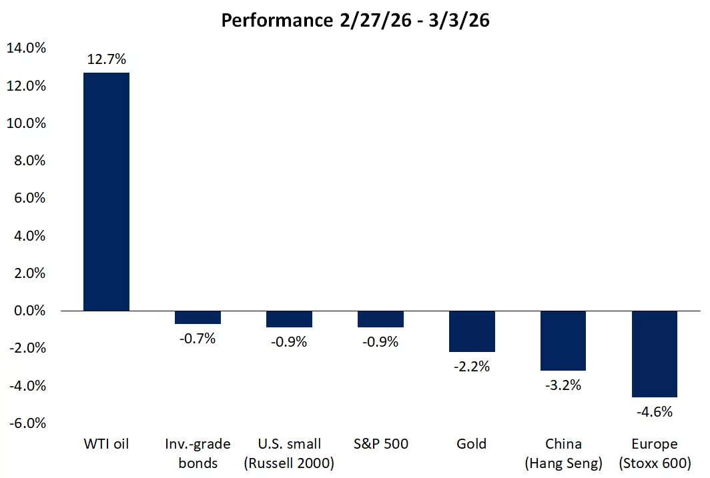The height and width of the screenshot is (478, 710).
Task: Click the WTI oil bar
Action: click(106, 191)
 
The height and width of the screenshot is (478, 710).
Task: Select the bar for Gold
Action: click(472, 331)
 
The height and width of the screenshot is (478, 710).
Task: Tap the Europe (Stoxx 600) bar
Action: click(655, 354)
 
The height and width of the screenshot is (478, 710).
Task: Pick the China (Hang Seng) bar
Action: click(563, 341)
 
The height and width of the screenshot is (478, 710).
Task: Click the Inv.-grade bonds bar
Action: click(198, 317)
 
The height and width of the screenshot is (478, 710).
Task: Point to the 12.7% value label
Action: click(106, 60)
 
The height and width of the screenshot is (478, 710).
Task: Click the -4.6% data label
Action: click(655, 411)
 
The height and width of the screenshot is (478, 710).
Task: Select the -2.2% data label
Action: click(472, 366)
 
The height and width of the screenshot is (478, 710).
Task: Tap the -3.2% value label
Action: click(563, 385)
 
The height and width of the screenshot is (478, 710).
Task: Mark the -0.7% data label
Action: click(198, 338)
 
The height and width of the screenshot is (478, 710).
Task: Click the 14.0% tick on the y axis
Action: click(26, 48)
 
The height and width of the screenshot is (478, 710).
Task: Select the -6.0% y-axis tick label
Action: click(27, 423)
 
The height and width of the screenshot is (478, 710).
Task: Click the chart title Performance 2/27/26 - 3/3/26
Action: click(355, 20)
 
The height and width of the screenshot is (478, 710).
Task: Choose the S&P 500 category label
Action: click(381, 444)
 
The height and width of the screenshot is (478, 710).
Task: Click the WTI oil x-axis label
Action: click(106, 444)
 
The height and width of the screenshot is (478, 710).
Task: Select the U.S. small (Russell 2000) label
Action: click(290, 453)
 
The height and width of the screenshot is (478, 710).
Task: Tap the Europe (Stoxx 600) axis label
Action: click(655, 453)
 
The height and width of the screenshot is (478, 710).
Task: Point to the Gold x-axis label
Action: click(472, 444)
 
